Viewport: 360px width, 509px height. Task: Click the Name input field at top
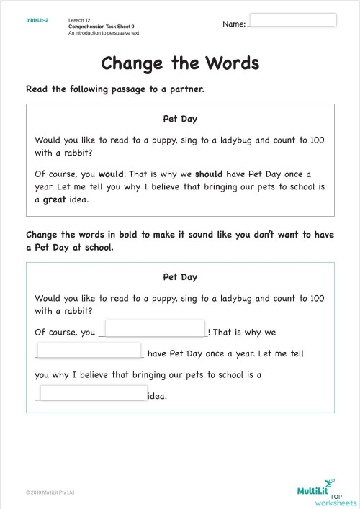pos(292,19)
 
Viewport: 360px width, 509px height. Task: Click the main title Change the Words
pos(180,63)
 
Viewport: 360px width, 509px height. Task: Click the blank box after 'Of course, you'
pos(155,328)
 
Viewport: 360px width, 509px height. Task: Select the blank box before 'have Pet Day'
pos(89,351)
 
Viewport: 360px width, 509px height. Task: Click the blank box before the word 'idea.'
pos(94,393)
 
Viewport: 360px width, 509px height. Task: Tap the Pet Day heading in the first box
pos(180,118)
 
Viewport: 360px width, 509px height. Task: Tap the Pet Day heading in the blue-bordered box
pos(180,276)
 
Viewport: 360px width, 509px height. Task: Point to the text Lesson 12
pos(80,19)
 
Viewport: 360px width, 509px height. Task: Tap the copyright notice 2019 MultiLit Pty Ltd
pos(50,492)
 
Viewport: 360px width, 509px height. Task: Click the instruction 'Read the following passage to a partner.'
pos(115,89)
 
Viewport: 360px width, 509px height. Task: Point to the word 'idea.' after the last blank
pos(157,395)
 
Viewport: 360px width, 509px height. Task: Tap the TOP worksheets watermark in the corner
pos(341,498)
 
